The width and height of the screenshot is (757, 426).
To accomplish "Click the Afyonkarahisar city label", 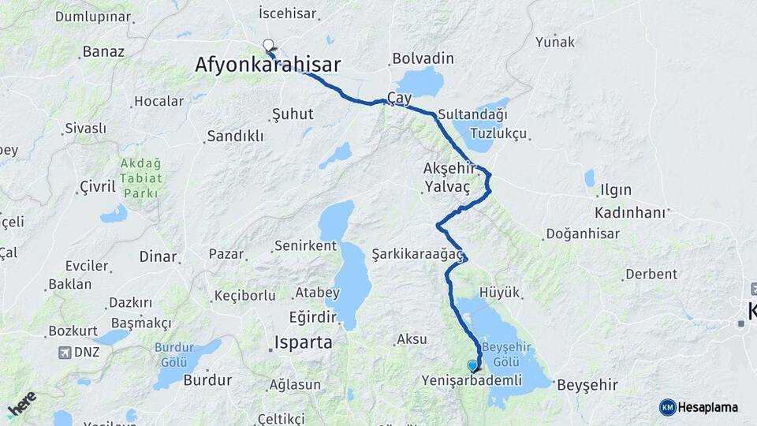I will [268, 65].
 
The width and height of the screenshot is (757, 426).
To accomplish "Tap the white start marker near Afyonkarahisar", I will [269, 46].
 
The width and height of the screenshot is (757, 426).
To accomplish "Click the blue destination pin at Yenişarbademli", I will [472, 365].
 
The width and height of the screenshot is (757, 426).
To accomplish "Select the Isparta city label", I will [304, 343].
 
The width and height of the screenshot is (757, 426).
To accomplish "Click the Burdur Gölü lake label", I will [179, 353].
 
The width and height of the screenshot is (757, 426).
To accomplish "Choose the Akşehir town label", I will [449, 168].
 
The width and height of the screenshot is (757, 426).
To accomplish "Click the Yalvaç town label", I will [447, 187].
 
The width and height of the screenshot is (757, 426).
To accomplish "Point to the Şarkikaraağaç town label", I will [418, 253].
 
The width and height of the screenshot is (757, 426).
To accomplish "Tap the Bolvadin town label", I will [423, 58].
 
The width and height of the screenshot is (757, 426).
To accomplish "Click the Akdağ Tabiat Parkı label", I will [141, 178].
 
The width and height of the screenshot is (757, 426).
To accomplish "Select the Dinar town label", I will [158, 256].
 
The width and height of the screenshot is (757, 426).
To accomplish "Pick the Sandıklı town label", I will [234, 136].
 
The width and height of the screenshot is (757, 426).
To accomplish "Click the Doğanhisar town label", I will [581, 234].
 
